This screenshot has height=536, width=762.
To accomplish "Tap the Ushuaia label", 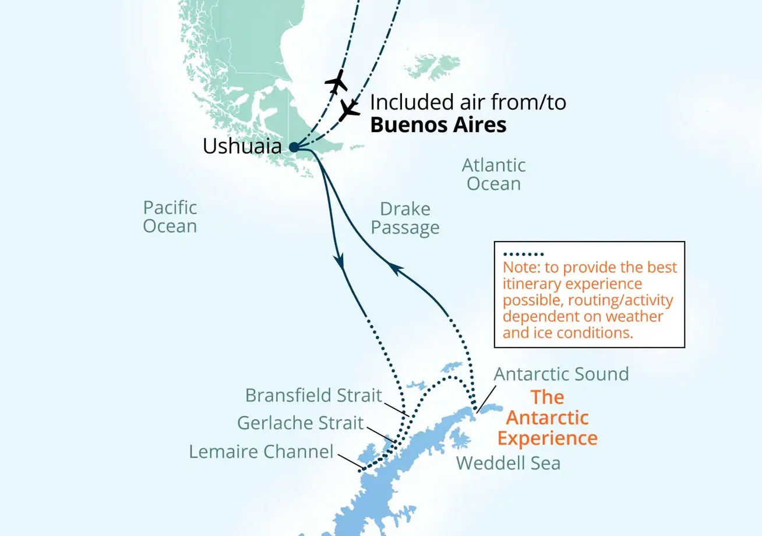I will pos(245,146).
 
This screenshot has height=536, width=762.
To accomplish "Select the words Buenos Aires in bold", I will pos(439,125).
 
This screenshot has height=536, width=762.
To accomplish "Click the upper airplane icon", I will pos(336,81).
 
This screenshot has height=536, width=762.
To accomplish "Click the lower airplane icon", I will pos(350,109).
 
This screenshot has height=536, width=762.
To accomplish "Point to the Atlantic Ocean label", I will pos(494,175).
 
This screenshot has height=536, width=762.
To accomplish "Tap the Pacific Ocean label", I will pos(170,216).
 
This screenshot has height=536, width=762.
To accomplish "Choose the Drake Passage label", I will pos(405,218).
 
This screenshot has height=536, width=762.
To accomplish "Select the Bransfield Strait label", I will pos(313,395).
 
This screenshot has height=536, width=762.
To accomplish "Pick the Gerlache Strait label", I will pos(301,423).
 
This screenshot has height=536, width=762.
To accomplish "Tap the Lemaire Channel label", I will pos(261,452).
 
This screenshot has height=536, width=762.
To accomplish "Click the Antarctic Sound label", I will pos(562,374).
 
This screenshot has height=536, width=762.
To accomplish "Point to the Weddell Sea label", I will pos(508,463).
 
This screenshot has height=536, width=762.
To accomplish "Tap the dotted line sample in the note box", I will pos(523,254).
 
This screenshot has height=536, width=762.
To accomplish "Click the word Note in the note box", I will pos(517,268).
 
